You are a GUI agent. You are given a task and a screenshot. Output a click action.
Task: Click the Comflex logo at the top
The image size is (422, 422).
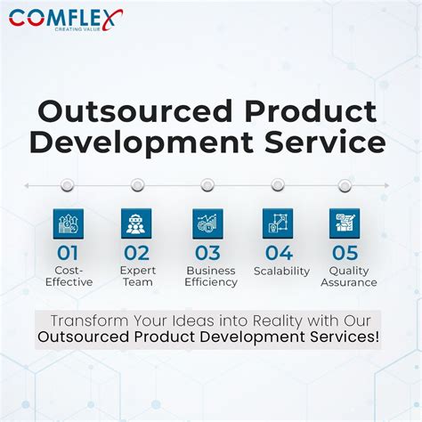pos(66,20)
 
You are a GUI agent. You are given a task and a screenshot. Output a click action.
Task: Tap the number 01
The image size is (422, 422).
pos(69,254)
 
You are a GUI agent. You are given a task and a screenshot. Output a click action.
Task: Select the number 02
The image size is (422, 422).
pos(137,254)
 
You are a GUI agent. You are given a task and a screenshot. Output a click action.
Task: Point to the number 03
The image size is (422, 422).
pos(207,254)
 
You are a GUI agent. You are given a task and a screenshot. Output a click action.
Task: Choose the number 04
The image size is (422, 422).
pos(279,254)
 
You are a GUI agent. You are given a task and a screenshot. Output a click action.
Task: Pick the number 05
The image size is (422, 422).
pos(346,254)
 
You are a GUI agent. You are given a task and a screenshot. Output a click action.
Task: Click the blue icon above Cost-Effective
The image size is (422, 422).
pos(69,223)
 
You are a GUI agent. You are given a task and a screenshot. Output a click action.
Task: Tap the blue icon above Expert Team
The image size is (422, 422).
pos(137,223)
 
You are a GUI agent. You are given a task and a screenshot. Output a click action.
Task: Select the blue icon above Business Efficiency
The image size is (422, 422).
pos(207,223)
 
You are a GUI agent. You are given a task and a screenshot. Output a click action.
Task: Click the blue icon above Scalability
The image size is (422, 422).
pos(278,223)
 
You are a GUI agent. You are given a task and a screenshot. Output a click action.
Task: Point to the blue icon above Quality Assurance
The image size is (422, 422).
pos(345,223)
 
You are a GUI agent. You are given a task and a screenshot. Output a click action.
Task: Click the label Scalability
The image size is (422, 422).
pos(281,271)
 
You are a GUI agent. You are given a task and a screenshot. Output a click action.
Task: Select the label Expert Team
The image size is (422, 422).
pos(137,276)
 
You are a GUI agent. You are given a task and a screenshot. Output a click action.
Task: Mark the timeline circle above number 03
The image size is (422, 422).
pos(207,185)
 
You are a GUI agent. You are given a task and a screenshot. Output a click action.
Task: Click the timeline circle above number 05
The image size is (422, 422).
pos(345,185)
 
